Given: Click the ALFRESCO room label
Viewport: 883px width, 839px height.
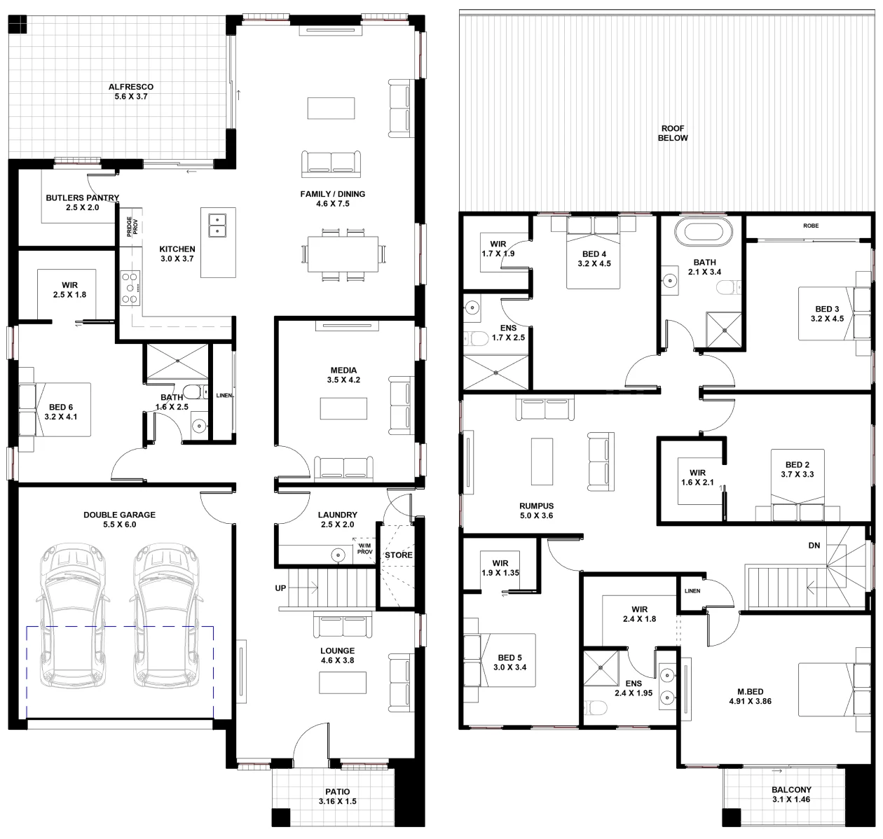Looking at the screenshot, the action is pyautogui.click(x=131, y=87).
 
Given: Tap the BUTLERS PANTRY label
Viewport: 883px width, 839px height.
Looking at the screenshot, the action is pyautogui.click(x=83, y=197).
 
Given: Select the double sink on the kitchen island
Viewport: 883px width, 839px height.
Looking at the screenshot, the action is pyautogui.click(x=217, y=226).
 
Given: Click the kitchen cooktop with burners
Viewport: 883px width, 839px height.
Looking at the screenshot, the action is pyautogui.click(x=130, y=289).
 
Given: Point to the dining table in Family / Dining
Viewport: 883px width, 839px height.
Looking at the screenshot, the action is pyautogui.click(x=343, y=254).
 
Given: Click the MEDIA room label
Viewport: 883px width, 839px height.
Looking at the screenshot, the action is pyautogui.click(x=343, y=370).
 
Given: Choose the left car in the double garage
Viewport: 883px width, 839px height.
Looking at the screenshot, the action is pyautogui.click(x=73, y=616).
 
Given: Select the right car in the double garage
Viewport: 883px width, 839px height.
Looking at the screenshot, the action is pyautogui.click(x=165, y=616).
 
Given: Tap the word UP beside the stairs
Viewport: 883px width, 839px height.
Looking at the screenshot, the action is pyautogui.click(x=280, y=588).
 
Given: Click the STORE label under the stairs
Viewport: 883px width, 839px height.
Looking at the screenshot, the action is pyautogui.click(x=398, y=555).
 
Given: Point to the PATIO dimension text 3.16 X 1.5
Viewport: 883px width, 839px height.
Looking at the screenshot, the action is pyautogui.click(x=337, y=801).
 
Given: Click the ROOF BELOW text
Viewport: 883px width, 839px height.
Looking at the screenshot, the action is pyautogui.click(x=673, y=133).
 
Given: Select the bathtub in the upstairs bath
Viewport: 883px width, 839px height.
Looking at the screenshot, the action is pyautogui.click(x=704, y=232).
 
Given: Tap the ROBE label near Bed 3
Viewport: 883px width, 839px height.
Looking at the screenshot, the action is pyautogui.click(x=811, y=226).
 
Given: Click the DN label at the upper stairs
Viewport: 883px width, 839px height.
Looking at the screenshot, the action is pyautogui.click(x=814, y=546).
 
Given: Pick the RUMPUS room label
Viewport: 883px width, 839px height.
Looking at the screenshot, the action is pyautogui.click(x=536, y=506).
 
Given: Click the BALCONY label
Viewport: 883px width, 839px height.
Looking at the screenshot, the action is pyautogui.click(x=791, y=789).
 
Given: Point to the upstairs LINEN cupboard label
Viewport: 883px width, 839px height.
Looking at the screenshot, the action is pyautogui.click(x=692, y=591).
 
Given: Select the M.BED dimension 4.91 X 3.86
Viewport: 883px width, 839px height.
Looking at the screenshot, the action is pyautogui.click(x=750, y=701).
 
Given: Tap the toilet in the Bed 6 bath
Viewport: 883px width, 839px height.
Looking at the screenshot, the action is pyautogui.click(x=195, y=392).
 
